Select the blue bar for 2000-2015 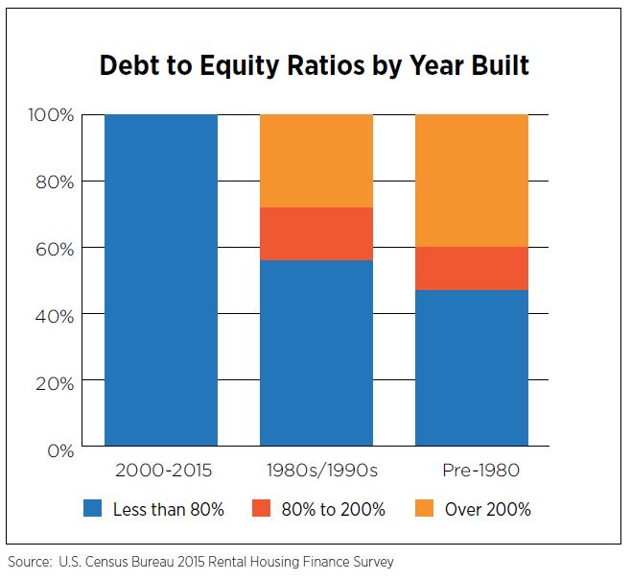(161, 280)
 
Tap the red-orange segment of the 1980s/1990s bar (316, 233)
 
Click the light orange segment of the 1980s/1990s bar (316, 160)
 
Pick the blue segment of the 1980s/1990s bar (316, 353)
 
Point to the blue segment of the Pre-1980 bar (472, 368)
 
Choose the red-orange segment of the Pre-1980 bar (472, 268)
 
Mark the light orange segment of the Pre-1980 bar (472, 181)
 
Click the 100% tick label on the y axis (51, 115)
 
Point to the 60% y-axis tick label (55, 250)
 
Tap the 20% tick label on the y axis (55, 383)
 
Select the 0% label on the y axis (60, 450)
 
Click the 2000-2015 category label (163, 471)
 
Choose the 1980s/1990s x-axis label (322, 471)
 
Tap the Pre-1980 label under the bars (480, 471)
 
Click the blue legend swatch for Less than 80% (93, 508)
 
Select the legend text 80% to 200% (333, 509)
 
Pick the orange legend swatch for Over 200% (424, 508)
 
